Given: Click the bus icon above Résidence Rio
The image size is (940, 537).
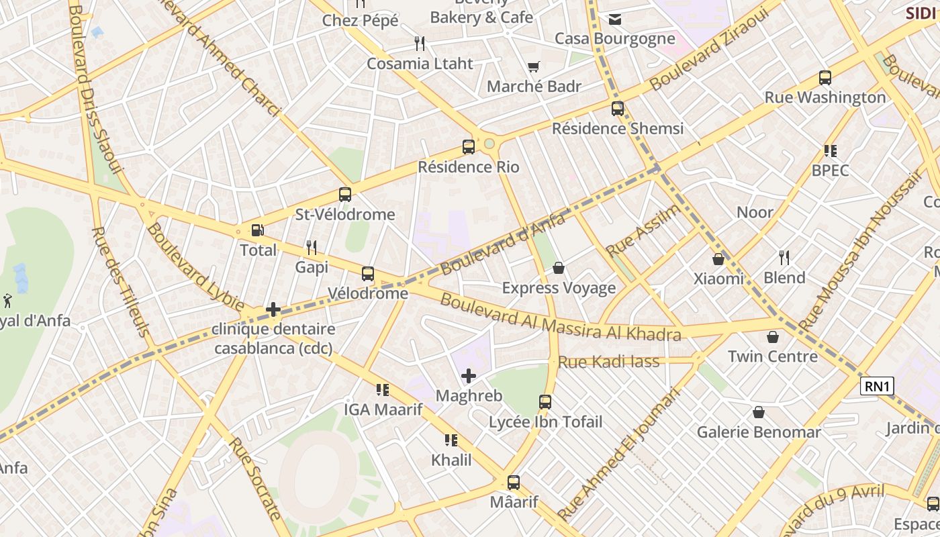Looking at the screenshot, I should point(469,146).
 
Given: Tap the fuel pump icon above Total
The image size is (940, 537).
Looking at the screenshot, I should point(257,230).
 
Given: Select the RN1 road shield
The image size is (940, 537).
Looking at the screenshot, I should point(878,386).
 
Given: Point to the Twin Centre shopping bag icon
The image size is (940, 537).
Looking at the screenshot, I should point(773,336).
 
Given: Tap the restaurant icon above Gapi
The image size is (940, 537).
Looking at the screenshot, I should point(311,247).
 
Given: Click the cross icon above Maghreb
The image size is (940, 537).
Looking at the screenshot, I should point(469,376).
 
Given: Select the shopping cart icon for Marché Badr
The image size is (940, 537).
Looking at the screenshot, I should point(534,66).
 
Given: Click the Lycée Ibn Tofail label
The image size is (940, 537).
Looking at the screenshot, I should point(545,422).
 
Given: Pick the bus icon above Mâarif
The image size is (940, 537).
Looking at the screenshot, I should point(514,482).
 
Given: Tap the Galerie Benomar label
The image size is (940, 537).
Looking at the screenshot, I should point(759,432).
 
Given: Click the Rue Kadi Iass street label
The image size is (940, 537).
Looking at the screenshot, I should point(610,362).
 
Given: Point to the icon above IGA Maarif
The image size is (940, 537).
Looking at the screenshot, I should point(383,389).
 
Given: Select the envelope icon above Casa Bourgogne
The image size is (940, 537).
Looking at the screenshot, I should point(614,19).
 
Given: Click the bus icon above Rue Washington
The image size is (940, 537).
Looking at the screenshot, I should point(825,77).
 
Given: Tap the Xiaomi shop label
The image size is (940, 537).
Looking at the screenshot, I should point(718,279).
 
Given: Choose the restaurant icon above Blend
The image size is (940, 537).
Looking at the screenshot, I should point(784,257).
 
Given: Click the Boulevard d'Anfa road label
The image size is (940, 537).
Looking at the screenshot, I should point(504,242).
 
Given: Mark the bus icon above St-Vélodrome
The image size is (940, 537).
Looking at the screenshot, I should point(345,195).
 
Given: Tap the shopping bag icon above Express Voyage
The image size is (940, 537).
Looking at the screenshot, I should point(559,268).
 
